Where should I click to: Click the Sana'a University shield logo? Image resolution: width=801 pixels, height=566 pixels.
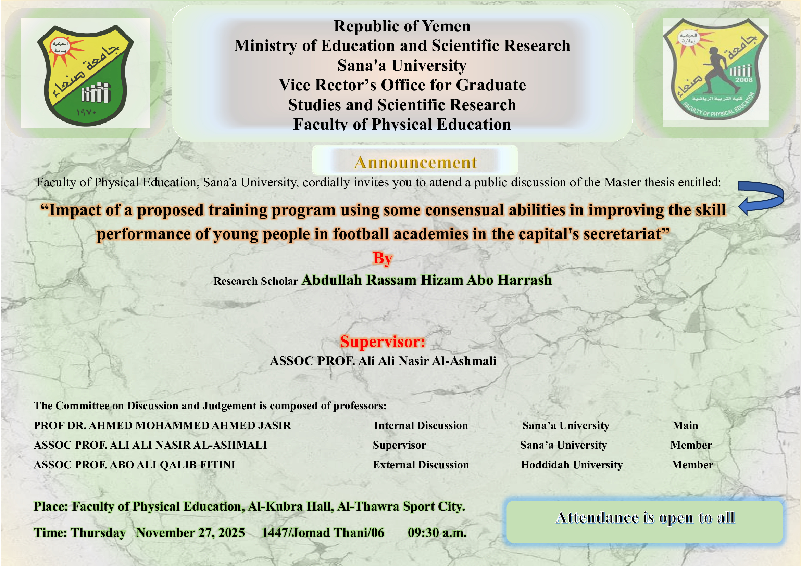pos(85,75)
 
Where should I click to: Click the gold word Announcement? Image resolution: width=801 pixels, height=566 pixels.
pos(415,163)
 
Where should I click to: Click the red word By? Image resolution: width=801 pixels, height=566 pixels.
pos(383,259)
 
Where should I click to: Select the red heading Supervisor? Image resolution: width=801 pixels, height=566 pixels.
pos(383,342)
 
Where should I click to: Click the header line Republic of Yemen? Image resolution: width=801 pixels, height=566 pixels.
pos(402,26)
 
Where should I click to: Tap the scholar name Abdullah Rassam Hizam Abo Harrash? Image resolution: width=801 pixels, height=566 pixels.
pos(427,280)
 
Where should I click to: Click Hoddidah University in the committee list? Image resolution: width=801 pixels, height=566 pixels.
pos(572,465)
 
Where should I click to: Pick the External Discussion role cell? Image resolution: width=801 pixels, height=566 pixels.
pos(421,465)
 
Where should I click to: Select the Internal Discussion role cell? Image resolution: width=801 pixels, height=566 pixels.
pos(421,426)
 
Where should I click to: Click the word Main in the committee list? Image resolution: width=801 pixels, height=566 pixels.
pos(685,426)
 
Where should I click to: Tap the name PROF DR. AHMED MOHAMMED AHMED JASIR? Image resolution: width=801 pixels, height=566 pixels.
pos(162,426)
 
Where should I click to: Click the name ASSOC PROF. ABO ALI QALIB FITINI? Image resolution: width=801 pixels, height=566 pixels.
pos(134,465)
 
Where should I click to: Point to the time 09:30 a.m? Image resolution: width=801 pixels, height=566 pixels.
pos(437,533)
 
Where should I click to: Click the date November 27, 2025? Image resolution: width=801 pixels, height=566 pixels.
pos(190,533)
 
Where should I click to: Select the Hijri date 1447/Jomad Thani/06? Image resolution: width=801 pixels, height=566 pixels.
pos(323,533)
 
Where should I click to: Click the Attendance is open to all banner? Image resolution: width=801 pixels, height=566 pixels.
pos(644,522)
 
